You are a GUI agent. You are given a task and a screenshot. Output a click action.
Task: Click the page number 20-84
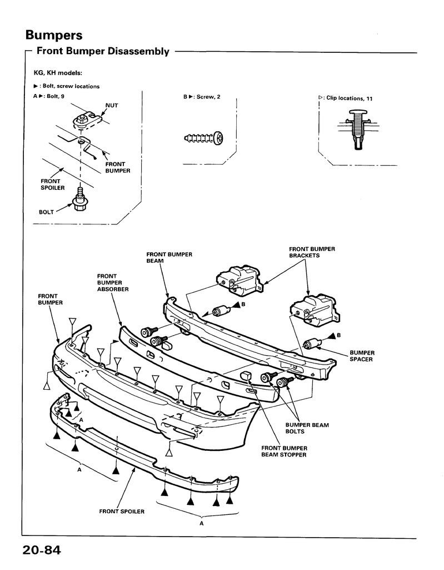click(x=42, y=550)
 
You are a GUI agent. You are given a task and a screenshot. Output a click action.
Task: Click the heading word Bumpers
click(x=54, y=35)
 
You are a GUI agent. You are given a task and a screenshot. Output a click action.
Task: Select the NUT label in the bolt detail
click(x=112, y=105)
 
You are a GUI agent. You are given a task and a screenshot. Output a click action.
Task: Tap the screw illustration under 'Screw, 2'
click(x=204, y=138)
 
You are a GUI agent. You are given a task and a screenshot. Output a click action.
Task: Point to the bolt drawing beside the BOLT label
click(x=79, y=200)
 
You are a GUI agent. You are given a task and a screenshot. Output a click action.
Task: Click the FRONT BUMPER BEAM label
click(x=169, y=257)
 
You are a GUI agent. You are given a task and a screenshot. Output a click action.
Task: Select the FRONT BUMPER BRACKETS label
click(x=312, y=252)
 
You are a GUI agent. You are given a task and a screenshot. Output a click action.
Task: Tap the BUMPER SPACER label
click(x=362, y=356)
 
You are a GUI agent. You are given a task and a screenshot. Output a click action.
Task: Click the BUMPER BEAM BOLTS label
click(x=307, y=428)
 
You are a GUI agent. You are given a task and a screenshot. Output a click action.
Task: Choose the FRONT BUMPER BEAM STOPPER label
click(x=284, y=451)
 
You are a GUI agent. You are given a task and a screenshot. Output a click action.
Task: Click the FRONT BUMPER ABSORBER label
click(x=113, y=282)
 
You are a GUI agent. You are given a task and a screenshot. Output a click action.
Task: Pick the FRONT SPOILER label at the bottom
click(x=122, y=512)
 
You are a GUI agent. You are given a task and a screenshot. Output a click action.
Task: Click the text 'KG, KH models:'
click(x=58, y=73)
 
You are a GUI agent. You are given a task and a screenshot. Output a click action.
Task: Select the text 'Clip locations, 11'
click(x=349, y=98)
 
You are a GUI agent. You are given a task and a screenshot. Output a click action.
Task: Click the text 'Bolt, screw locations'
click(x=71, y=86)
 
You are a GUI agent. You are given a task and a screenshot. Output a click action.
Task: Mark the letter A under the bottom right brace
click(x=202, y=523)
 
